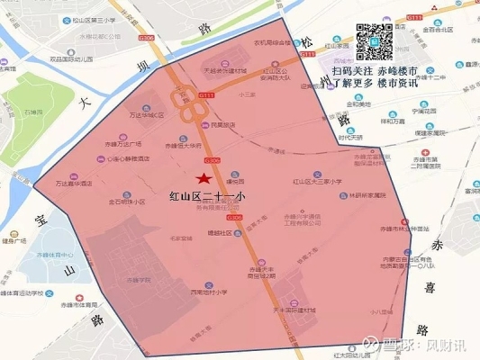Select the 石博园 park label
pyautogui.click(x=34, y=112)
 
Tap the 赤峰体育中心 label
pyautogui.click(x=54, y=256)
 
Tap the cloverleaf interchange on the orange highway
pyautogui.click(x=192, y=114)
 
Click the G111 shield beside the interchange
pyautogui.click(x=206, y=94)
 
